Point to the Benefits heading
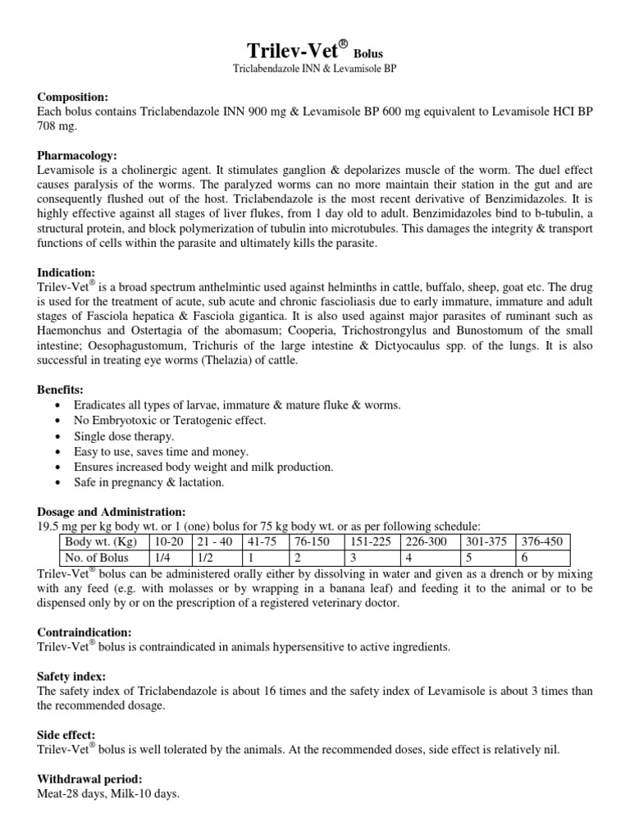(x=62, y=388)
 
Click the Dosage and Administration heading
(x=112, y=511)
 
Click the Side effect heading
(x=66, y=735)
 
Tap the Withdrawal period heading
(x=90, y=779)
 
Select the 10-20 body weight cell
(x=169, y=541)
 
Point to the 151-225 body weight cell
(x=370, y=541)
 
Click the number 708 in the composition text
(x=48, y=126)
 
